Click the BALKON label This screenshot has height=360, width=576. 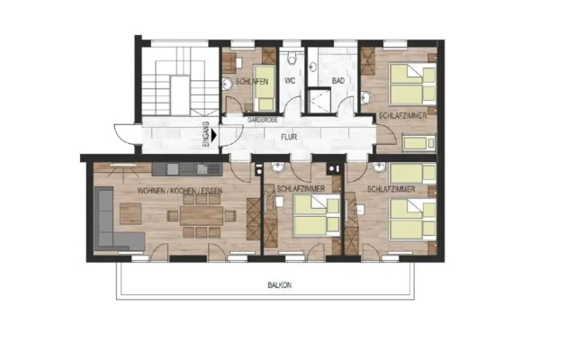point(280,285)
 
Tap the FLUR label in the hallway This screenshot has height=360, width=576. point(289,138)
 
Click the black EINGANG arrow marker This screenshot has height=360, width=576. point(214,136)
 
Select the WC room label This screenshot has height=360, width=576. point(290,81)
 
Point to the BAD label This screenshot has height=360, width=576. point(338,81)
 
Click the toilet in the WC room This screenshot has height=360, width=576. point(292,58)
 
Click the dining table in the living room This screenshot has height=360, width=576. point(202,215)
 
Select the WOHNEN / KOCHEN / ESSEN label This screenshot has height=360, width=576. point(180,191)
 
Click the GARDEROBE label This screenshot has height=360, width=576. point(262,120)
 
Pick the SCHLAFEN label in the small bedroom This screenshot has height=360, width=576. point(252,82)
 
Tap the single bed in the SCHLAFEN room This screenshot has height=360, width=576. point(265,88)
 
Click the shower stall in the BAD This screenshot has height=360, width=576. point(319,100)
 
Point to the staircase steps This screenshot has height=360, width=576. point(174,82)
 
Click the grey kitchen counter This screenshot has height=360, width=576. point(187,169)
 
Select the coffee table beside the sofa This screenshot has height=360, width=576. point(130,213)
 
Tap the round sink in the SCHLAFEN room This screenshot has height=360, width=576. point(227,85)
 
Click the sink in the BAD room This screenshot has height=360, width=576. point(312,67)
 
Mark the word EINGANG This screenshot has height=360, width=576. point(206,135)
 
